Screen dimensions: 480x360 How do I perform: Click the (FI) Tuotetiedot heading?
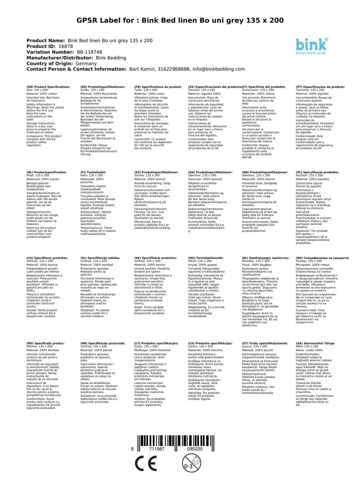[x=96, y=171]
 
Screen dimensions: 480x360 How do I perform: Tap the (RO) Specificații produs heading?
[x=46, y=344]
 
